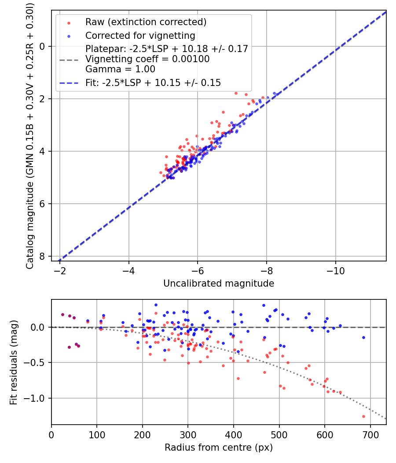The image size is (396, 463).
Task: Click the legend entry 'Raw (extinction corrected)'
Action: coord(146,22)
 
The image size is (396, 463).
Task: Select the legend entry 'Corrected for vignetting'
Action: coord(140,35)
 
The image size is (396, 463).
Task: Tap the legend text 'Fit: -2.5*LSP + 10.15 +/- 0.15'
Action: coord(153,82)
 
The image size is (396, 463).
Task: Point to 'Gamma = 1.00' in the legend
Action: coord(120,69)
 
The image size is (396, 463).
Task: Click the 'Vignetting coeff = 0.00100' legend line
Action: coord(147,59)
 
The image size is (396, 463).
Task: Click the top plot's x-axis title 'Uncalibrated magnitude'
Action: coord(219,284)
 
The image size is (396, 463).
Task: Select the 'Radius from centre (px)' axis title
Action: coord(219,448)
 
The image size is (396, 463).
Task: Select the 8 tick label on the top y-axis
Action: coord(43,256)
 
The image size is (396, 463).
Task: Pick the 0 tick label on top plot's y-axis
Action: coord(43,46)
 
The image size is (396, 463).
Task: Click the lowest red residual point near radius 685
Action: coord(363,416)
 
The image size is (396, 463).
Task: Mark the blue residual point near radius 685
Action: coord(363,337)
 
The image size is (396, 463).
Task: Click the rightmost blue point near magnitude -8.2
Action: coord(275,93)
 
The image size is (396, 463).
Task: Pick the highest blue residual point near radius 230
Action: coord(156,305)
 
